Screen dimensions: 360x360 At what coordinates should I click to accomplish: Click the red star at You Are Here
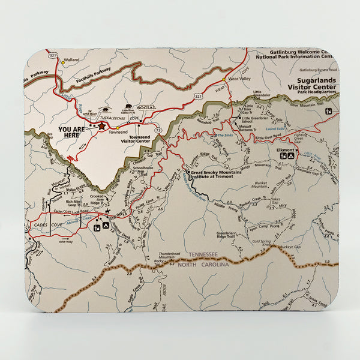[101, 126]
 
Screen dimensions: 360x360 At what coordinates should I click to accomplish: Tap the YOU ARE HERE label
[71, 132]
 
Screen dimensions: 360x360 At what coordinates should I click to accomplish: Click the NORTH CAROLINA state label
[203, 265]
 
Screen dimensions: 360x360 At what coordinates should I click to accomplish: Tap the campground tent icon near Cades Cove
[106, 226]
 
